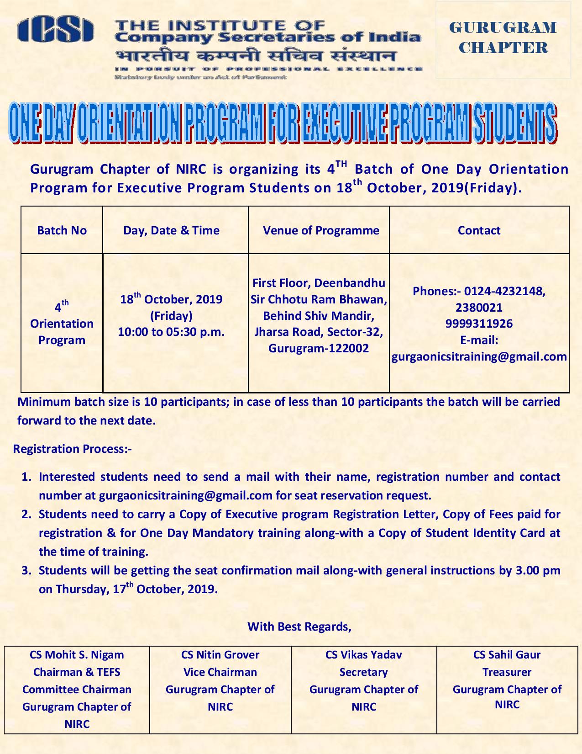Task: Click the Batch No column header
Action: (62, 230)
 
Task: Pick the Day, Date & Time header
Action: (171, 230)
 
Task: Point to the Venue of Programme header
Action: (321, 230)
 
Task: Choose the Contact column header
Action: (479, 230)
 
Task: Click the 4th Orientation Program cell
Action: (62, 323)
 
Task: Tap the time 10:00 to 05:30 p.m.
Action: (171, 332)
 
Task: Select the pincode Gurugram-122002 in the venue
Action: (319, 348)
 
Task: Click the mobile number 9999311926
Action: (479, 324)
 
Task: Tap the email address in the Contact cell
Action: (479, 356)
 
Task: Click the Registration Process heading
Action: (72, 449)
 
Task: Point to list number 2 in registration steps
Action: (26, 514)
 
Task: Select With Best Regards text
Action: (299, 626)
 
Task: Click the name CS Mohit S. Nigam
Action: (77, 655)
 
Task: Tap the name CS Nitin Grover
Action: (220, 655)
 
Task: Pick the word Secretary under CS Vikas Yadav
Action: (363, 672)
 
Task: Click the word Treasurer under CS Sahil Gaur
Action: (507, 672)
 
